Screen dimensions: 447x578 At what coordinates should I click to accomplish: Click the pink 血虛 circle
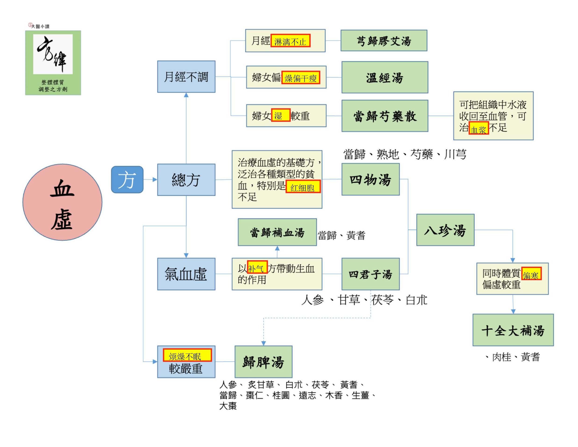[x=62, y=202]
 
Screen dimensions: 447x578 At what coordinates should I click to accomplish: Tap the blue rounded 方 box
[x=127, y=179]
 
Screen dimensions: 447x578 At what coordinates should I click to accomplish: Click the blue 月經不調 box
[x=186, y=77]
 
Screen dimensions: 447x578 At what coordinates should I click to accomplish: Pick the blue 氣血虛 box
[x=186, y=274]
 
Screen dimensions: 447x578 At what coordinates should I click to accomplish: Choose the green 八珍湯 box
[x=445, y=230]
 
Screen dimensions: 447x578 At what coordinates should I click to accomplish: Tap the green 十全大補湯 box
[x=513, y=330]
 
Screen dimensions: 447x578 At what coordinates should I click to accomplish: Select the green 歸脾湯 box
[x=263, y=361]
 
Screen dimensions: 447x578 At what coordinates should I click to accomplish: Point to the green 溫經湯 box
[x=385, y=77]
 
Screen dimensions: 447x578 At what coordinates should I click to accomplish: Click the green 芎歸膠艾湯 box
[x=384, y=40]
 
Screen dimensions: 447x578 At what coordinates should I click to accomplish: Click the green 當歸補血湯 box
[x=277, y=232]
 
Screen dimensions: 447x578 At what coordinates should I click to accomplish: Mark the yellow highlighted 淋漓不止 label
[x=290, y=41]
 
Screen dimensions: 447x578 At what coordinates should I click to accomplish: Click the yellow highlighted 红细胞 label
[x=303, y=187]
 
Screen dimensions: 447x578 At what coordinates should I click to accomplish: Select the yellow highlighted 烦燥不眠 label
[x=187, y=355]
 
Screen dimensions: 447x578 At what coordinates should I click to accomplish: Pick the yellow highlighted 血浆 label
[x=479, y=129]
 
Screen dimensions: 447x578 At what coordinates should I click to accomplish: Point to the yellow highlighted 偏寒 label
[x=532, y=274]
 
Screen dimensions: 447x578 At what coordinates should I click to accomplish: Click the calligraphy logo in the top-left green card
[x=53, y=54]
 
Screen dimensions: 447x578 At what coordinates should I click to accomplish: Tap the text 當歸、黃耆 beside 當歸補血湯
[x=341, y=235]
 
